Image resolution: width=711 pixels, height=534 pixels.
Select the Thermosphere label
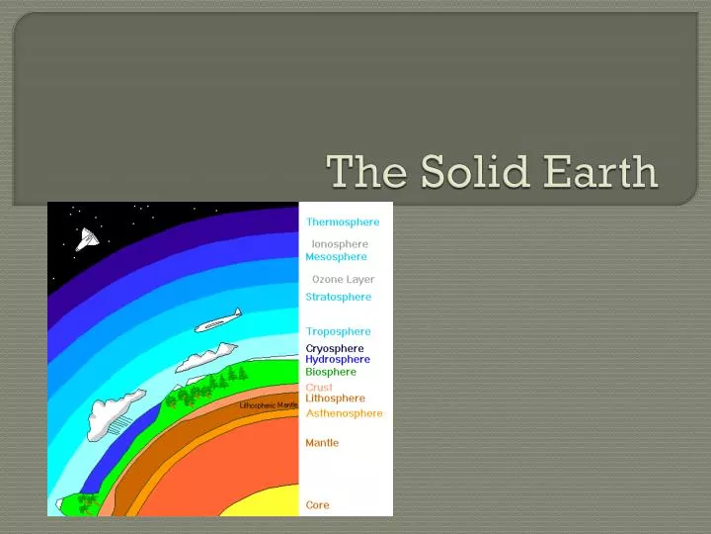[x=342, y=222]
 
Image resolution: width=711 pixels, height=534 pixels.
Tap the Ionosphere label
[x=340, y=244]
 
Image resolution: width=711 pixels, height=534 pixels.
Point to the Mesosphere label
[x=336, y=257]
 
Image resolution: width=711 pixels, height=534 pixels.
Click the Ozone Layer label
[x=343, y=280]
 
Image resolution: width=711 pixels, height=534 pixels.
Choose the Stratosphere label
[x=338, y=297]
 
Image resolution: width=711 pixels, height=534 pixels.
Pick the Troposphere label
[x=338, y=332]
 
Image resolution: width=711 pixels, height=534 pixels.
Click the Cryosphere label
[x=334, y=348]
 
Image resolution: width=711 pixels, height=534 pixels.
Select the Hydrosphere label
[x=337, y=360]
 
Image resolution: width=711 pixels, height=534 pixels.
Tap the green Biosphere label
[x=331, y=373]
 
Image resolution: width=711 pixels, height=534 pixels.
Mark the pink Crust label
[x=319, y=388]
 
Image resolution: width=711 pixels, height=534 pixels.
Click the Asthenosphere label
[x=344, y=413]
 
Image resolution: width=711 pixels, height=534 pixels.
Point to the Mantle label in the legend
[x=322, y=443]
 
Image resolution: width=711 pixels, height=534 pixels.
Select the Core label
[x=317, y=505]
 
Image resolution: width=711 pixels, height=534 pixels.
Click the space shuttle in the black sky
[x=87, y=238]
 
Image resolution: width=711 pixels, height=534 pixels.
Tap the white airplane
[x=217, y=320]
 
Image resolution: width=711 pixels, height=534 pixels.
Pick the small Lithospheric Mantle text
[x=268, y=405]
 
